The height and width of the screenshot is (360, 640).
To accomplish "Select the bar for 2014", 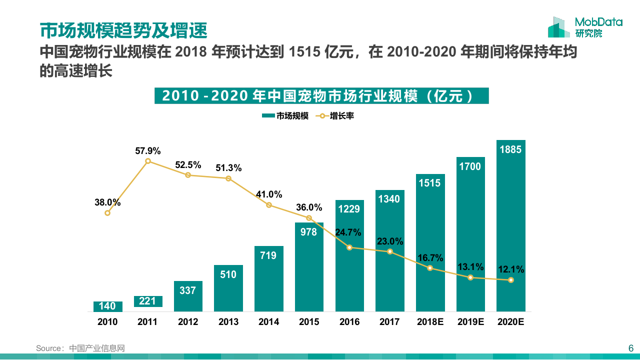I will [268, 280].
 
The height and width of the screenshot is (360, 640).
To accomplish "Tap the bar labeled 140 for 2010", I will [107, 306].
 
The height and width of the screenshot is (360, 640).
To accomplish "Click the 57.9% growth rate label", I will [148, 150].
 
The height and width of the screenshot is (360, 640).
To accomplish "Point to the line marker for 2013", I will [228, 178].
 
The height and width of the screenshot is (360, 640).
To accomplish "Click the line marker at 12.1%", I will [510, 280].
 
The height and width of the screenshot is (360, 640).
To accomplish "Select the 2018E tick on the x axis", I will [430, 322].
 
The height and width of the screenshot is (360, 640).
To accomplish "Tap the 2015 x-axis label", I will [309, 322].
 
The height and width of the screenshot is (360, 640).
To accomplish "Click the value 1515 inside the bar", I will [430, 183].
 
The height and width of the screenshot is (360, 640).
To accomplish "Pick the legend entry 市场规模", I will [285, 116].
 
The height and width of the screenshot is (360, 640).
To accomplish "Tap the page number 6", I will [630, 348].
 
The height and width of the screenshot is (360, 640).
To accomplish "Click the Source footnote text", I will [80, 348].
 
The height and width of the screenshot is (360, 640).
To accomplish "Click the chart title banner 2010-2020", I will [321, 95].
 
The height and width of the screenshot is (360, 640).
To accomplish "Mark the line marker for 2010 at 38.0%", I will [107, 213].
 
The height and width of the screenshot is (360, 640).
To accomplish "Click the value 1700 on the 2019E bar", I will [470, 166].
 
